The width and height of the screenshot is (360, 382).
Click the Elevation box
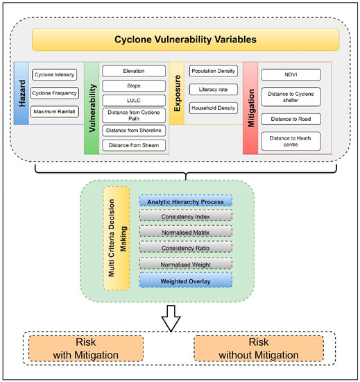pyautogui.click(x=135, y=71)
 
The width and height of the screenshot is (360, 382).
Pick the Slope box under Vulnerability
pyautogui.click(x=135, y=85)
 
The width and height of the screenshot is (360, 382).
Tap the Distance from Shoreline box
pyautogui.click(x=135, y=130)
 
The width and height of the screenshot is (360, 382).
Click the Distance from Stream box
pyautogui.click(x=135, y=145)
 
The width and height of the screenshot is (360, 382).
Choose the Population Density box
pyautogui.click(x=213, y=71)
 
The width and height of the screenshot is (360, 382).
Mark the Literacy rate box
pyautogui.click(x=213, y=89)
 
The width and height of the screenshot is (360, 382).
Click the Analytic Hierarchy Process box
pyautogui.click(x=185, y=201)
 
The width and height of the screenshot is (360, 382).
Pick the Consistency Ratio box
pyautogui.click(x=185, y=247)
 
